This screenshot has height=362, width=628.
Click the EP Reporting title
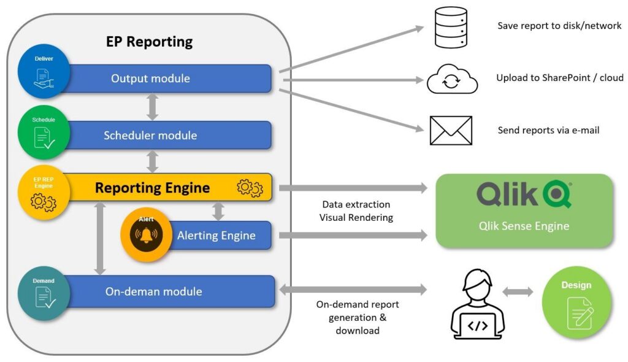pos(149,42)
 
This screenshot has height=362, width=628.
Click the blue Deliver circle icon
pos(44,71)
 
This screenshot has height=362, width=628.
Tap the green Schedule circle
pos(44,133)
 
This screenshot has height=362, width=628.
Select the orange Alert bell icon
pos(147,235)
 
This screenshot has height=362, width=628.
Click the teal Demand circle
pos(44,294)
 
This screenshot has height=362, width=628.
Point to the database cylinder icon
pos(451,27)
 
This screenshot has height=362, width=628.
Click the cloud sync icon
pos(452,79)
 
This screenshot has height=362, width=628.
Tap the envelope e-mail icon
pos(451,130)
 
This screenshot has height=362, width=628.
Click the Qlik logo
pos(524,194)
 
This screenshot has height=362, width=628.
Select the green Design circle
pos(576,302)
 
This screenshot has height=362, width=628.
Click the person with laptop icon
pos(478,305)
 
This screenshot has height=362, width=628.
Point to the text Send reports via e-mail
pos(548,130)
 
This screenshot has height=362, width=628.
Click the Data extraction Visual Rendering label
pos(356,211)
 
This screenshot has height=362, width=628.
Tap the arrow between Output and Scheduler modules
pos(152,107)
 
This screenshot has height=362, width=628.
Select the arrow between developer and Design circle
pos(518,292)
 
